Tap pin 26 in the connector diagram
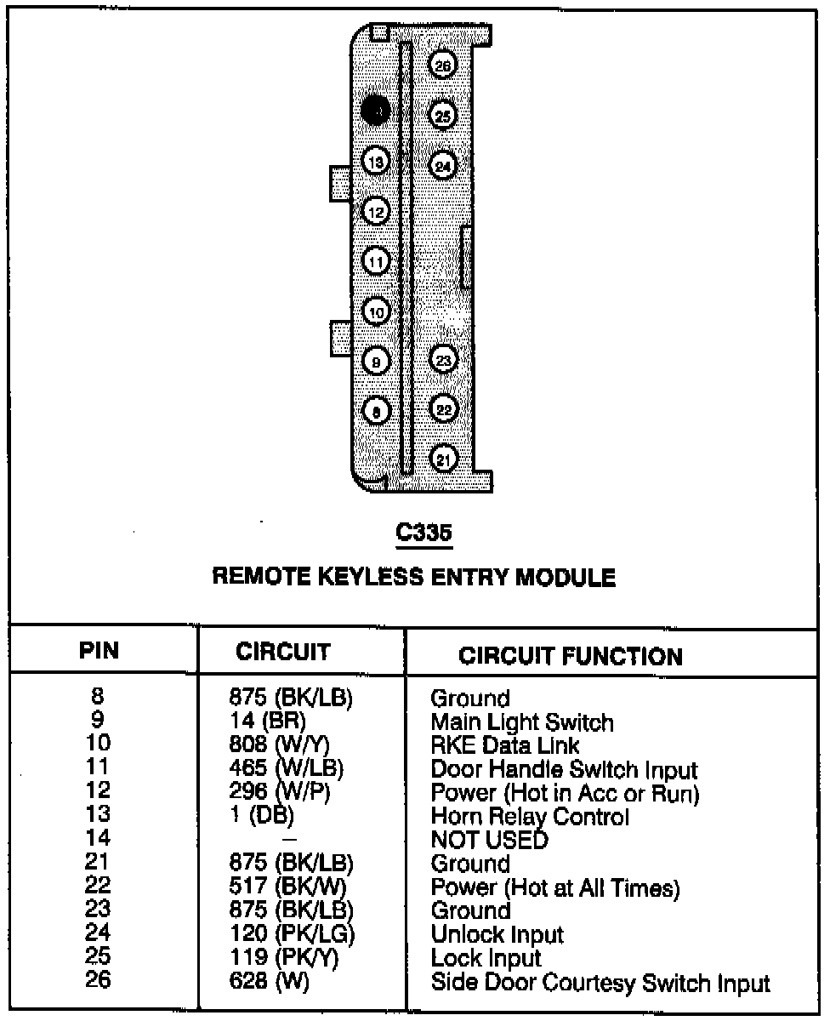(x=442, y=65)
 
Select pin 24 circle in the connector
(x=442, y=165)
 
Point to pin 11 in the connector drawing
(x=376, y=261)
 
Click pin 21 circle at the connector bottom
(x=442, y=459)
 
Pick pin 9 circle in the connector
(x=376, y=362)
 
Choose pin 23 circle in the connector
(x=442, y=361)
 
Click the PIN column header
(x=99, y=652)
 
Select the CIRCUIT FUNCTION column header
(x=570, y=656)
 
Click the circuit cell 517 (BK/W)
(x=286, y=888)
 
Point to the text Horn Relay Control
(x=530, y=818)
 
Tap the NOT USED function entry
(x=489, y=841)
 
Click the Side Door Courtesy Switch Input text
(x=600, y=984)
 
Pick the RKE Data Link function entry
(x=505, y=746)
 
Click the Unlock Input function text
(x=497, y=935)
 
